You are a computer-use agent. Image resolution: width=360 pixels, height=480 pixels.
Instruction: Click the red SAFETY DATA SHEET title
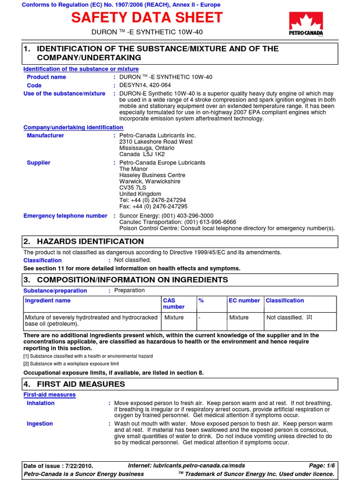tap(147, 18)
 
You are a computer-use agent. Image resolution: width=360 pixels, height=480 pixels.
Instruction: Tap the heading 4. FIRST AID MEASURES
tap(74, 384)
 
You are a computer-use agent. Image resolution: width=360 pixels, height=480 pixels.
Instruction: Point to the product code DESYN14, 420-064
tap(145, 85)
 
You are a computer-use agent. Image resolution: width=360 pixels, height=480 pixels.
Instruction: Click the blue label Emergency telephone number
tap(66, 216)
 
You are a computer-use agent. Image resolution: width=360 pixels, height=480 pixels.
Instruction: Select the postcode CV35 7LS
tap(132, 187)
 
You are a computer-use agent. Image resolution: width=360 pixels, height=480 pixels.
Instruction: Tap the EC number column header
tap(244, 300)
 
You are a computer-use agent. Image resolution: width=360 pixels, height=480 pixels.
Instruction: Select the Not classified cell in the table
tap(285, 317)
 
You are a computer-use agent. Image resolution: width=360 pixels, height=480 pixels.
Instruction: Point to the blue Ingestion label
tap(40, 423)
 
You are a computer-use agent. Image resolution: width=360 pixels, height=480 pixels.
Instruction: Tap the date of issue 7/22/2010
tap(77, 466)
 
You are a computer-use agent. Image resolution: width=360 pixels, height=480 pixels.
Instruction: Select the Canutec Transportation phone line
tap(178, 222)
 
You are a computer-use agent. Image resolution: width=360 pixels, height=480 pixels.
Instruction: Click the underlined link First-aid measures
tap(50, 395)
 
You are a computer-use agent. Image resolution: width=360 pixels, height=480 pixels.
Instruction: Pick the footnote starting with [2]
tap(71, 363)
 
